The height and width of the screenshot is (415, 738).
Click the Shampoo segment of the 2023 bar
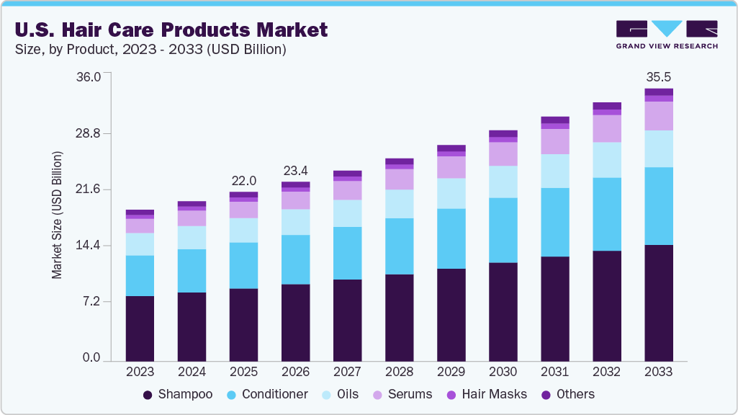tap(140, 328)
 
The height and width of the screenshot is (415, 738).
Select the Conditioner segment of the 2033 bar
tap(658, 206)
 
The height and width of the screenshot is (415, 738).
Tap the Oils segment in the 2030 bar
tap(503, 182)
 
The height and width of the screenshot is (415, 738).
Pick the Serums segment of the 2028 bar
tap(399, 179)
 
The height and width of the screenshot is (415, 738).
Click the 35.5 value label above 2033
tap(658, 76)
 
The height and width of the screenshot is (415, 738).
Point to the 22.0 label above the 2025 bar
tap(243, 180)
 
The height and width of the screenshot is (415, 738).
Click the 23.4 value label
tap(295, 171)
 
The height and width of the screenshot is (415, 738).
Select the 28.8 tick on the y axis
tap(89, 134)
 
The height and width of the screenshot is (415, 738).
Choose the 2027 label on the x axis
tap(347, 372)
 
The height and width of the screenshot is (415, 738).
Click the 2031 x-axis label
tap(554, 372)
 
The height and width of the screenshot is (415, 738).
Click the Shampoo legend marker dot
tap(148, 395)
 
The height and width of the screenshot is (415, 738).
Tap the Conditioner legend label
tap(274, 394)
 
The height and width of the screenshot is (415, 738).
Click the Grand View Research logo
tap(666, 34)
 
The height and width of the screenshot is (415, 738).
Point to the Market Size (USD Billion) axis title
tap(57, 216)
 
